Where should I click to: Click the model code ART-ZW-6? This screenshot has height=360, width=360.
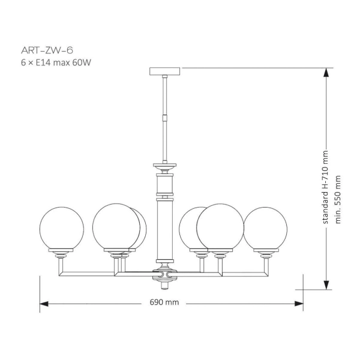tap(47, 50)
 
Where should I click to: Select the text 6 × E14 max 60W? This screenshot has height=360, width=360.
tap(56, 62)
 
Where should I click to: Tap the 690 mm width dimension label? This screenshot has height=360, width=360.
tap(164, 302)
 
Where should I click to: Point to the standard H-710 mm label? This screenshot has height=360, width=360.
tap(326, 187)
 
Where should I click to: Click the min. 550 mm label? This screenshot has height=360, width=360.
tap(338, 199)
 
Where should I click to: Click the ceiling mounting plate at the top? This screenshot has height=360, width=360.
tap(164, 71)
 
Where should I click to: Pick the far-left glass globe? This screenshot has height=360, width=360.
tap(62, 229)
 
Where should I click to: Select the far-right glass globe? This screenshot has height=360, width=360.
tap(265, 229)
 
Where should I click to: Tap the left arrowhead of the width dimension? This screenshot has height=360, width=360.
tap(44, 304)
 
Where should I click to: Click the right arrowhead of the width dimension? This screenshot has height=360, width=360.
tap(299, 304)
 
